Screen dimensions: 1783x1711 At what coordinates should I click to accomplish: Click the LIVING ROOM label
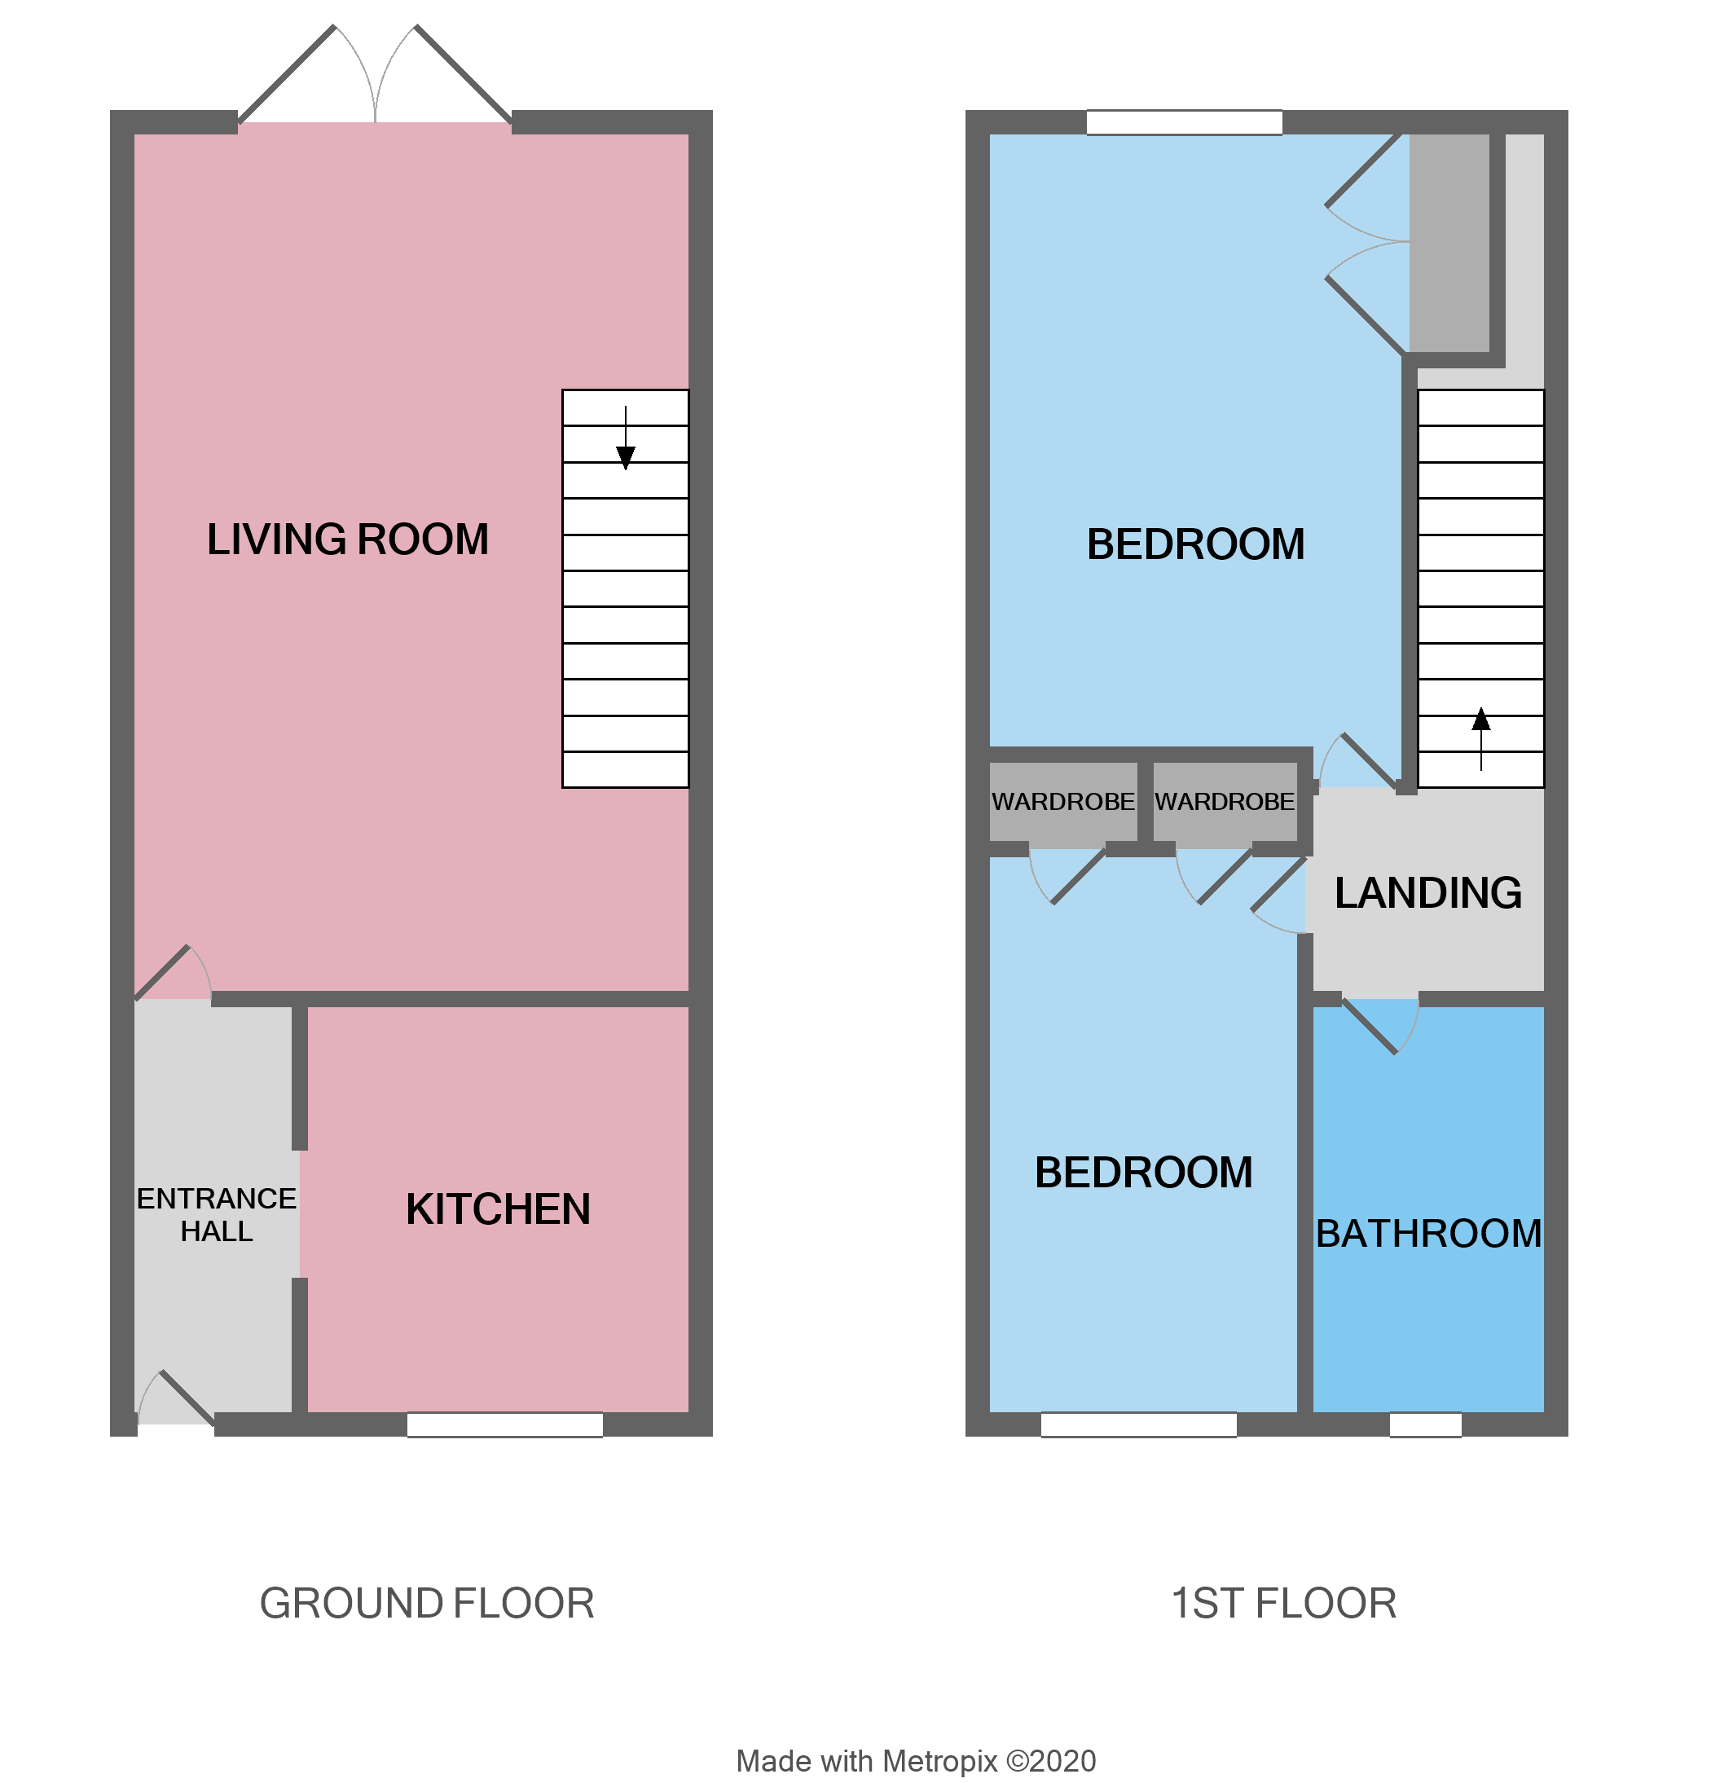coord(347,539)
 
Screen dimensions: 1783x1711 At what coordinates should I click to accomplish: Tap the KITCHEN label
coord(498,1209)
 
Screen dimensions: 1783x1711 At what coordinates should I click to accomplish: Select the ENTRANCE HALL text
coord(216,1214)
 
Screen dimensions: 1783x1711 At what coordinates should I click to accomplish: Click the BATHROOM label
coord(1428,1234)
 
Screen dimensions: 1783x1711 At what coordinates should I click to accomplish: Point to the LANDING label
coord(1428,892)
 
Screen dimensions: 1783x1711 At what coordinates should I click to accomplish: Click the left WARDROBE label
coord(1062,801)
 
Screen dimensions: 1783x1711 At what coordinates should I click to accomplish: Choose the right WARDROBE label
coord(1225,801)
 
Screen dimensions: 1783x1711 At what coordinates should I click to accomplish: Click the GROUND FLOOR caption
coord(427,1603)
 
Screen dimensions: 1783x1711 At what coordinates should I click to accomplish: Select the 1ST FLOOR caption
coord(1282,1603)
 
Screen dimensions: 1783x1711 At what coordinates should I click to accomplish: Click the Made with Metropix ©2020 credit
coord(915,1761)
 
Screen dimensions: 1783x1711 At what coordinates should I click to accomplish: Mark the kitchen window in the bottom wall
coord(505,1424)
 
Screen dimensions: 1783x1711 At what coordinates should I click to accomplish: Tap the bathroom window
coord(1425,1424)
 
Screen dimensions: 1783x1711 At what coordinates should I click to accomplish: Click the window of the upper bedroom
coord(1185,122)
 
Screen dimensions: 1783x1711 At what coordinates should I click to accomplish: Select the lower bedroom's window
coord(1138,1424)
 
